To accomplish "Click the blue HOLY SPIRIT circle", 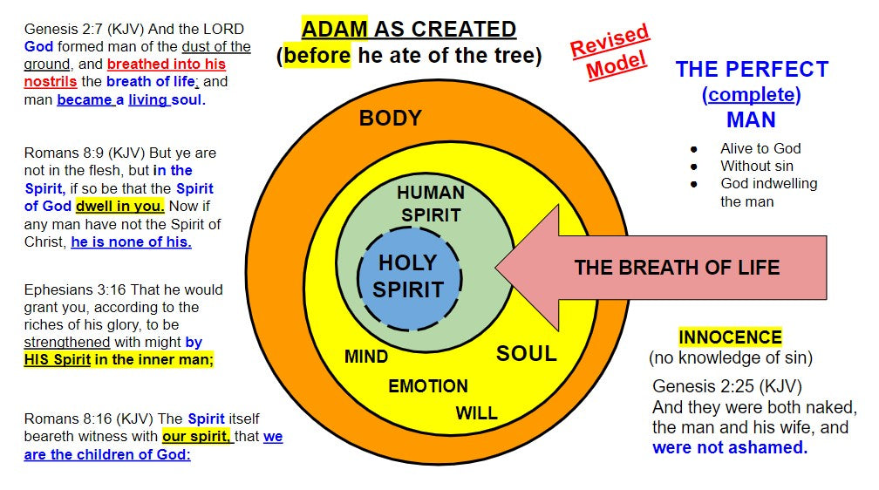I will tap(409, 276).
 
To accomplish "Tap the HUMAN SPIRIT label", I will tap(431, 203).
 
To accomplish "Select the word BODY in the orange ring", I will tap(390, 118).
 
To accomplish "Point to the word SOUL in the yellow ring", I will tap(526, 353).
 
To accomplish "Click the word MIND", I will tap(366, 357).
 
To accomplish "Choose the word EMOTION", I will tap(427, 385).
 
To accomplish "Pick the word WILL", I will tap(476, 412).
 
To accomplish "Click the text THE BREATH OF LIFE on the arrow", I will tap(677, 267).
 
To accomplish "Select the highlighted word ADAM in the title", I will tap(336, 29).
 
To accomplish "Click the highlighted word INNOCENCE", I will tap(730, 337).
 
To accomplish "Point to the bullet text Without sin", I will tap(757, 166).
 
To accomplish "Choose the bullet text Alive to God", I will tap(760, 148).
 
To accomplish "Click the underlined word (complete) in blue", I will tap(751, 94).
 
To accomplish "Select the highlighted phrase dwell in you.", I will tap(120, 206).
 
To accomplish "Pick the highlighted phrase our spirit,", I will tap(196, 436).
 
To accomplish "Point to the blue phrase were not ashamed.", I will tap(730, 447).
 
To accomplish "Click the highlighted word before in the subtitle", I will tap(313, 57).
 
